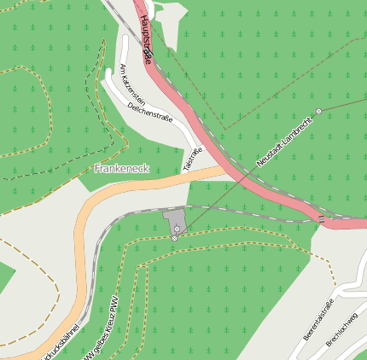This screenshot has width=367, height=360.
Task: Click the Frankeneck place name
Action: pyautogui.click(x=122, y=169)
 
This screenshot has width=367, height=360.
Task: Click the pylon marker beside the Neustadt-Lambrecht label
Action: pyautogui.click(x=318, y=112)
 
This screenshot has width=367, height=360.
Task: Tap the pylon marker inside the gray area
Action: pyautogui.click(x=178, y=229)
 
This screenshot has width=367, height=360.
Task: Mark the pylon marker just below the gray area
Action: pyautogui.click(x=174, y=238)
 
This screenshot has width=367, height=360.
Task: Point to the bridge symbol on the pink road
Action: pyautogui.click(x=322, y=220)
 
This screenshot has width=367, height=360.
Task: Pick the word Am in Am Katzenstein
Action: pyautogui.click(x=125, y=67)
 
